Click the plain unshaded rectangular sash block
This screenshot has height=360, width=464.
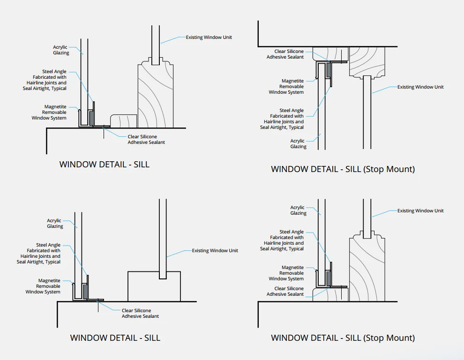point(154,286)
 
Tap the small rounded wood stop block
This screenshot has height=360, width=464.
point(124,121)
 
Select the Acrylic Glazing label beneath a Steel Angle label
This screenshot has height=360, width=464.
point(298,143)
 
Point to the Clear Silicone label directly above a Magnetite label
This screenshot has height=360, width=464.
point(285,54)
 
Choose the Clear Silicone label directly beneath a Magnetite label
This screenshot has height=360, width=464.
point(285,291)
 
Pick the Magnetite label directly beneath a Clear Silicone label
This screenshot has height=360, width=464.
point(286,86)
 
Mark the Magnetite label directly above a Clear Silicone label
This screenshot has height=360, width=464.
point(286,273)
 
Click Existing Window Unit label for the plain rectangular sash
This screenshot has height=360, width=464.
point(215,250)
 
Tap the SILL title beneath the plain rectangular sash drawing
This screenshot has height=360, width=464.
point(115,338)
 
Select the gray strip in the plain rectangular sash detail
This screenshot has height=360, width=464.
point(85,292)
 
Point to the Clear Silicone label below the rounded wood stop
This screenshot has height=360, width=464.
point(146,139)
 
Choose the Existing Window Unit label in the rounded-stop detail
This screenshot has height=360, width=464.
point(209,37)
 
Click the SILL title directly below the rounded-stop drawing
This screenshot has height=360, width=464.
point(104,165)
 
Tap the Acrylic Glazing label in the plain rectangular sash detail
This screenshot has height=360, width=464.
point(55,223)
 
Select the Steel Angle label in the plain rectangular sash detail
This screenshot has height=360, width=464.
point(38,253)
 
